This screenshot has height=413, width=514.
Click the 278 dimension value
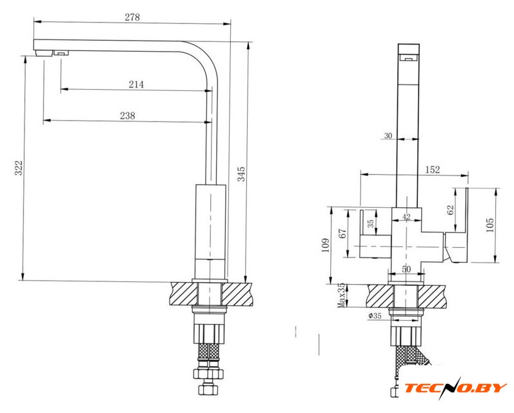132,17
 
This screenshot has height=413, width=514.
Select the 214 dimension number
136,85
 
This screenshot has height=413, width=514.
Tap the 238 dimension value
128,116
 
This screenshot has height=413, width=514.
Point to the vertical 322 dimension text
19,168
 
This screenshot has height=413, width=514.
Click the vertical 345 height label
241,174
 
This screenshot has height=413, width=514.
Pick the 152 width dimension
432,170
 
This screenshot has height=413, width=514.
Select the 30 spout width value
388,136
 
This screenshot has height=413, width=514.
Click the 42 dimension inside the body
406,217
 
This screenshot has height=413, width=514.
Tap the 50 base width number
406,269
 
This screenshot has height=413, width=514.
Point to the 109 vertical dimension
326,245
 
